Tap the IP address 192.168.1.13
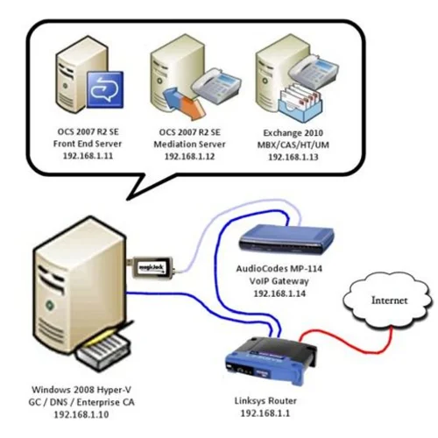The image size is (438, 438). pos(294,155)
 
